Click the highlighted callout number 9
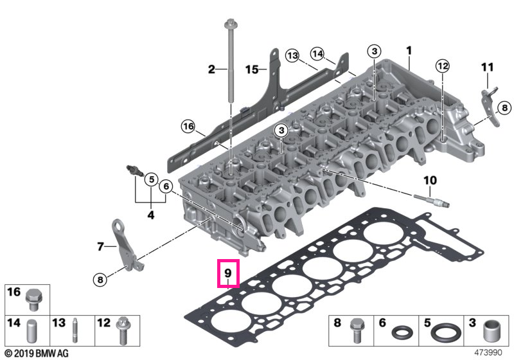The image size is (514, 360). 228,273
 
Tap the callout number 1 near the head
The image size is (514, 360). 409,51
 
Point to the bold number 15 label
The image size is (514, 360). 252,69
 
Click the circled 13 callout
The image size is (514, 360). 292,55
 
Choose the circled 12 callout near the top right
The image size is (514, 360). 443,66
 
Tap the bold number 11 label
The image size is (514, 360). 488,67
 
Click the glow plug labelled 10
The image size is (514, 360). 431,201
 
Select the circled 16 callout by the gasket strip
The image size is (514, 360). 188,126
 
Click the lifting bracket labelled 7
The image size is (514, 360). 125,244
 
